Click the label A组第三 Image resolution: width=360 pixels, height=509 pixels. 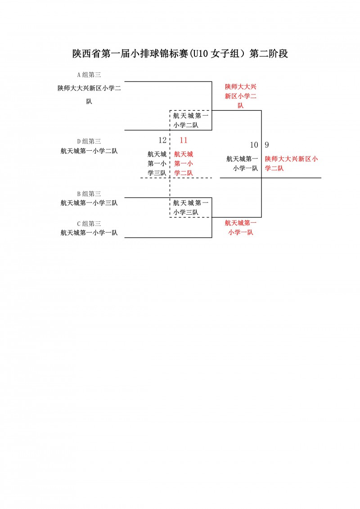[x=89, y=75]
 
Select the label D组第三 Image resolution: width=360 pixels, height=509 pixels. [x=89, y=141]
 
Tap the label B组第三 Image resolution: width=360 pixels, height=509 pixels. [x=89, y=194]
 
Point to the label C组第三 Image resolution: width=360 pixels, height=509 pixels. [x=89, y=224]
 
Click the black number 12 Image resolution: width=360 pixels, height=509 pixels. [x=162, y=140]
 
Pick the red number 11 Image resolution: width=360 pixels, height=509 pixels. [x=184, y=140]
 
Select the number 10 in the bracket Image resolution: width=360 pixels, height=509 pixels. [x=254, y=145]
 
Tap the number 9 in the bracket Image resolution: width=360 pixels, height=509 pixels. [x=267, y=145]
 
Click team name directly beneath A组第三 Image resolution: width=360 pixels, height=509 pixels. [x=89, y=95]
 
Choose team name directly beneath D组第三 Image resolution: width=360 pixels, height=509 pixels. [x=89, y=151]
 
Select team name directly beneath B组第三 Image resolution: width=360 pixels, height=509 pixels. [x=89, y=203]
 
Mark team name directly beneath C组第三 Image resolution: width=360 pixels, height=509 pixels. [x=89, y=233]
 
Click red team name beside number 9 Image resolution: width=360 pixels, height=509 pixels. [x=291, y=164]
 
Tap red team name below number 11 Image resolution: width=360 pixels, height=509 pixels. [x=184, y=164]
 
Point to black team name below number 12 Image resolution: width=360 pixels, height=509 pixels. [x=157, y=164]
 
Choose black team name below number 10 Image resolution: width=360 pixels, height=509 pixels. [x=242, y=164]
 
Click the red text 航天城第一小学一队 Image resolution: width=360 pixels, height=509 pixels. [x=241, y=228]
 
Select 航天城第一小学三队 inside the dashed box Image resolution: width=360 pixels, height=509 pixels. [x=190, y=207]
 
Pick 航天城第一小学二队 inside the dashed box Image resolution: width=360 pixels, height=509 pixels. [x=190, y=120]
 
